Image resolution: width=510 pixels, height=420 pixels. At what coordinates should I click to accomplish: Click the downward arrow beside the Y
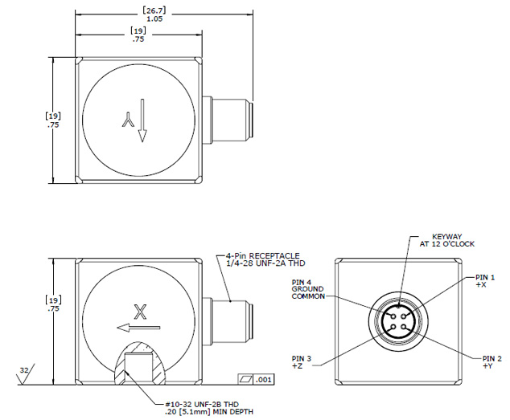(x=142, y=120)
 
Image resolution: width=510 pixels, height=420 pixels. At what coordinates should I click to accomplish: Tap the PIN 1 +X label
(x=484, y=280)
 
